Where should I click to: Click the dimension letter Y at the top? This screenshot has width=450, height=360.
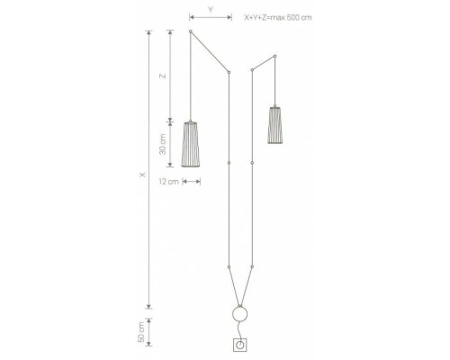coord(211,10)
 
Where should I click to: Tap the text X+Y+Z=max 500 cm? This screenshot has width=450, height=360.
coord(278,17)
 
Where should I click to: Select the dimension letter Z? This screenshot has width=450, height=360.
coord(163,76)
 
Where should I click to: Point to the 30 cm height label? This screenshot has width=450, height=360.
coord(163,144)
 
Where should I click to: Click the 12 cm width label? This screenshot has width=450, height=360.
coord(168,182)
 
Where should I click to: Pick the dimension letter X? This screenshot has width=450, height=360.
coord(143,175)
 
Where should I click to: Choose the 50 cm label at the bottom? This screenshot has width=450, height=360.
coord(140,332)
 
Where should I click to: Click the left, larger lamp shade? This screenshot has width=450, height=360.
coord(191,144)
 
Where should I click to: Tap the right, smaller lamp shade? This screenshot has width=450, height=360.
coord(275,125)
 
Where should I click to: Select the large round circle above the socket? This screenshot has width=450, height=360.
coord(240,307)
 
